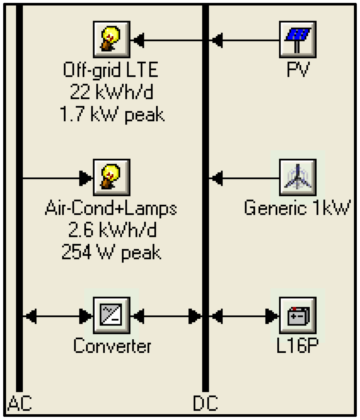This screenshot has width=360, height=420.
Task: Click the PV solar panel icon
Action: (x=298, y=39)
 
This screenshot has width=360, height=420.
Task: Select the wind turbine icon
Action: (x=298, y=177)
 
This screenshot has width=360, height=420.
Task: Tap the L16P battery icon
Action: (x=298, y=315)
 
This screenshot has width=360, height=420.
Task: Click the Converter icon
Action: (x=112, y=315)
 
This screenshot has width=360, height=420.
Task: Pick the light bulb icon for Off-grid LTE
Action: (x=112, y=39)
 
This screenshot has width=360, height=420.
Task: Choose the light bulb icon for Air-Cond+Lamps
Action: (x=112, y=177)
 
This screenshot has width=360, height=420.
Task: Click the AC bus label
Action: (x=20, y=403)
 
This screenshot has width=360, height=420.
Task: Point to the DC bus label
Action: (x=205, y=403)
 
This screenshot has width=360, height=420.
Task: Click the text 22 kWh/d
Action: (x=112, y=92)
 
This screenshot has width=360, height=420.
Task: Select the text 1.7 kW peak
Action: (x=112, y=114)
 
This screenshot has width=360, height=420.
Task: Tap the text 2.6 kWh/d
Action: (x=112, y=230)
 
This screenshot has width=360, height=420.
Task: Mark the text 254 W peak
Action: (x=111, y=252)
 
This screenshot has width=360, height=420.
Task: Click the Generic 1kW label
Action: (x=297, y=208)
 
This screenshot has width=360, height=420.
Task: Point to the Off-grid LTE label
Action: (x=111, y=70)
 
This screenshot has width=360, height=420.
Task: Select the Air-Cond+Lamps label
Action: (x=111, y=208)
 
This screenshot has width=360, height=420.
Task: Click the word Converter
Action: (x=112, y=346)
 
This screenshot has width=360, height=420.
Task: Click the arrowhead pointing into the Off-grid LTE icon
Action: (x=138, y=40)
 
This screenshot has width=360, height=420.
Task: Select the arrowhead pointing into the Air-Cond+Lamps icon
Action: (x=86, y=178)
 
